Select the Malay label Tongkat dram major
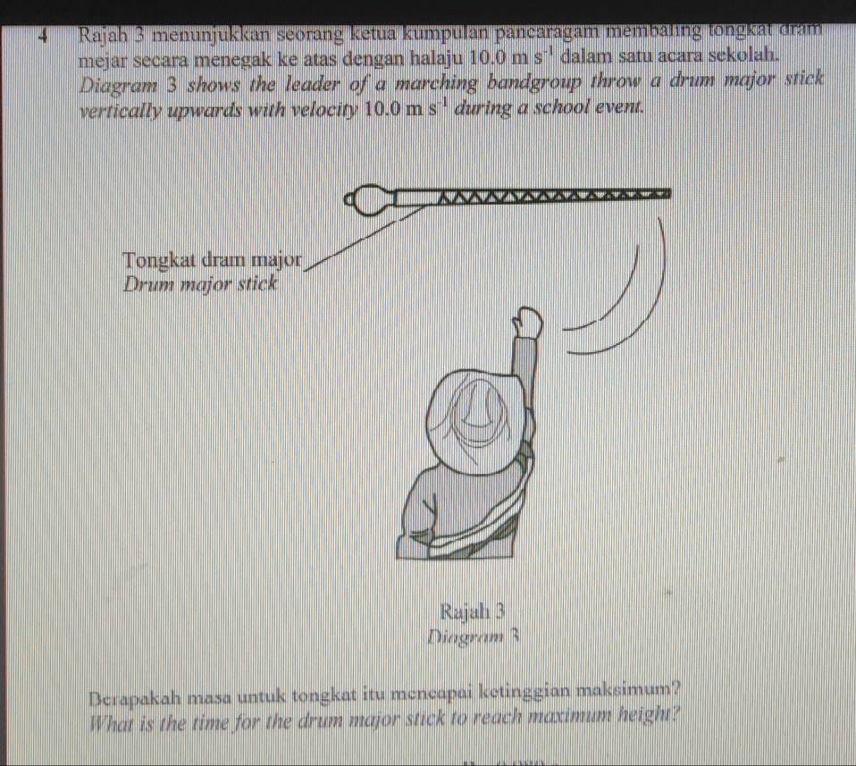214,260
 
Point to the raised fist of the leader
528,323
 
